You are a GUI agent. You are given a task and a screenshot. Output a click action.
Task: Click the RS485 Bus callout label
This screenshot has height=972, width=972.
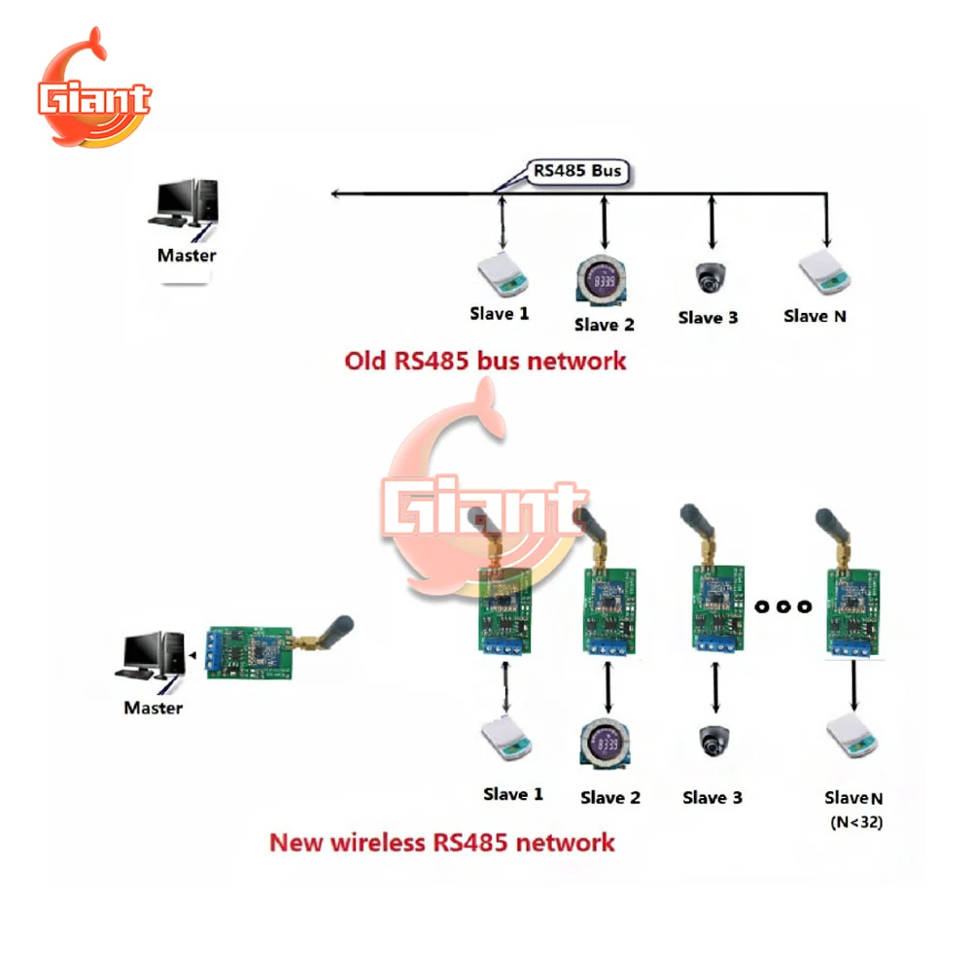coord(576,172)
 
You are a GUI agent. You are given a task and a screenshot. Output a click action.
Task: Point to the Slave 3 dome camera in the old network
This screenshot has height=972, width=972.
coord(712,278)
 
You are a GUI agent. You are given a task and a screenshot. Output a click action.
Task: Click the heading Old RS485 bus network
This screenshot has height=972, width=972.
coord(486,361)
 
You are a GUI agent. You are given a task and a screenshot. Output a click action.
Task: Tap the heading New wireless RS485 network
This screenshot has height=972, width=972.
coord(442,842)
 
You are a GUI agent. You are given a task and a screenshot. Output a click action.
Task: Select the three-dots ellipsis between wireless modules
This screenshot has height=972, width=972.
coord(781,607)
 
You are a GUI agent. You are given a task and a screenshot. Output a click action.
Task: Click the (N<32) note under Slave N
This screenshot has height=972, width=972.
coord(856,822)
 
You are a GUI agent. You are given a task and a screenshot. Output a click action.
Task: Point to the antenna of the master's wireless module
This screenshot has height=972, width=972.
coord(330,631)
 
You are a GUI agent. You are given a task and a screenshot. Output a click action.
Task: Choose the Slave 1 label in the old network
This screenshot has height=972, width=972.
coord(500,313)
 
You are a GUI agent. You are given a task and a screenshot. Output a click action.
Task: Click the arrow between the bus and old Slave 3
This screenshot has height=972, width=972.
coord(713,225)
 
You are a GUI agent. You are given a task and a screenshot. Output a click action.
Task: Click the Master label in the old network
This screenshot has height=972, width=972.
coord(187,256)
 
